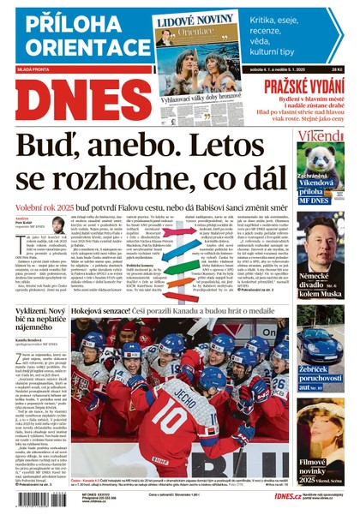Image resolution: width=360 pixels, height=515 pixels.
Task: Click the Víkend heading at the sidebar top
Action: [x=321, y=136]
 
